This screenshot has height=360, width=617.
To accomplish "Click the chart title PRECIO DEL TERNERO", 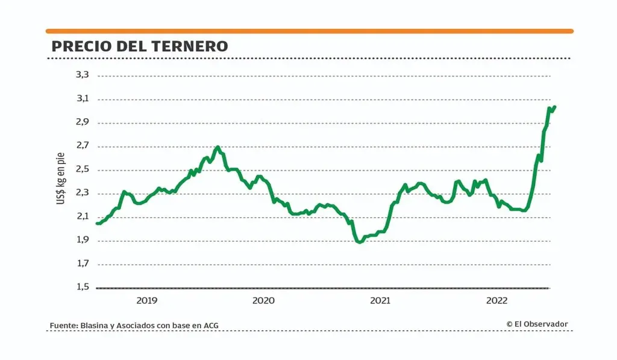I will (x=140, y=46).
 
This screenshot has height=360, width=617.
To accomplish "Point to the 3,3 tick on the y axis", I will (x=82, y=75).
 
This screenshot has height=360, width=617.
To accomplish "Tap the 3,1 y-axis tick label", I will (x=82, y=99).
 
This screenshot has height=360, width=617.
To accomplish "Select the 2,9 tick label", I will (x=82, y=122).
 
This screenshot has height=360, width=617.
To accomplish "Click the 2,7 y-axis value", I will (x=82, y=146).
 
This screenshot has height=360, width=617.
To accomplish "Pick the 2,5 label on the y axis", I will (x=82, y=169).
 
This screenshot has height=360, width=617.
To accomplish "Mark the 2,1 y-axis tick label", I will (x=82, y=216).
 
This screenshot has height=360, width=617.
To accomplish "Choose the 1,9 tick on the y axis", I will (x=82, y=240).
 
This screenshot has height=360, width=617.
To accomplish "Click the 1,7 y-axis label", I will (x=82, y=264).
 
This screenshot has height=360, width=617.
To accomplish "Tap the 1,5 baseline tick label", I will (x=82, y=287).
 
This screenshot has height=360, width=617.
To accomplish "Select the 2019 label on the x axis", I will (x=147, y=300).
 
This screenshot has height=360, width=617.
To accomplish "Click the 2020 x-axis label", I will (x=263, y=300).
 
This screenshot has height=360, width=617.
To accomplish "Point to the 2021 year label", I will (x=380, y=300).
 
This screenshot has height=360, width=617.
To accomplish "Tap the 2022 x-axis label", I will (x=496, y=300).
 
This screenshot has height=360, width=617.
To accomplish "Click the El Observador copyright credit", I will (x=537, y=324).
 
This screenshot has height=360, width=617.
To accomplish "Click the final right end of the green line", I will (x=555, y=107).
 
